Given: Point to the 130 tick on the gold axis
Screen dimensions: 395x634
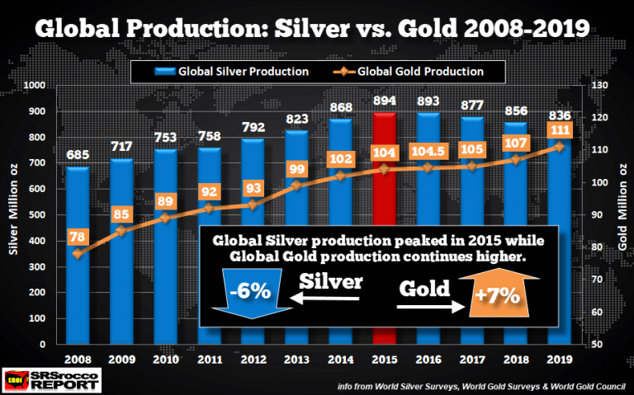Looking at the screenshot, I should coord(598,85).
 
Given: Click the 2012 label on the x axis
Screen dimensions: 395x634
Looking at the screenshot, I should coord(253,361).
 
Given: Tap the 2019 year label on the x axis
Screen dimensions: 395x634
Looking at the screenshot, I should coord(560,361).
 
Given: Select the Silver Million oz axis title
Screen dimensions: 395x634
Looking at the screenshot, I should coord(14,214).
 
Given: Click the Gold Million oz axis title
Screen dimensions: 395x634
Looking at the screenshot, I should coord(621,214).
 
